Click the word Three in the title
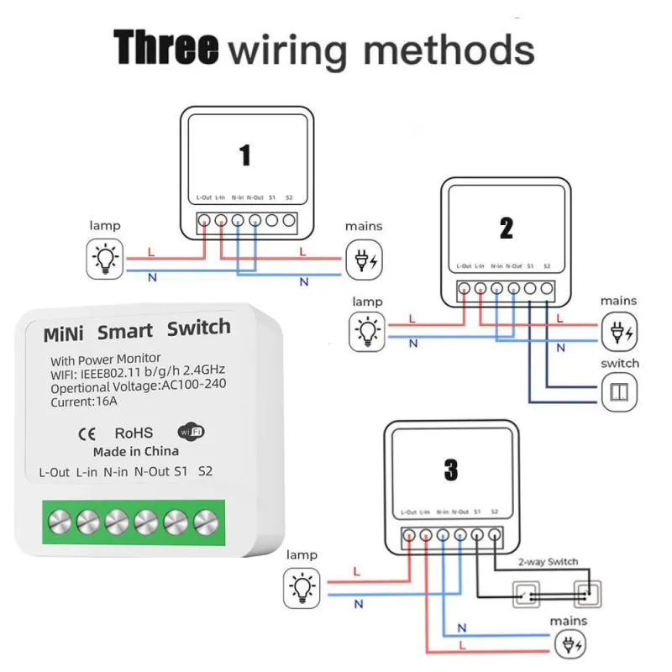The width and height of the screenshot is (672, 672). point(165,48)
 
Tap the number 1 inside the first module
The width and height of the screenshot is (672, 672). point(244,155)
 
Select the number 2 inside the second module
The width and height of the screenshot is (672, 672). point(506,228)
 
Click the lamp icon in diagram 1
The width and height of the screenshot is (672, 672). point(105,258)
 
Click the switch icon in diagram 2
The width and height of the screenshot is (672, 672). point(620,391)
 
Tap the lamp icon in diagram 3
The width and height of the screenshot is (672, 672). point(302,585)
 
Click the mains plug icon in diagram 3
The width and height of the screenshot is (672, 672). point(570,647)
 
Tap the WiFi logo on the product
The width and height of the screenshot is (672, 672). point(191,432)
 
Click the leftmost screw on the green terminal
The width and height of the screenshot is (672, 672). point(57,522)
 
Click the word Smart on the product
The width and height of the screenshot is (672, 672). point(124,332)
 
